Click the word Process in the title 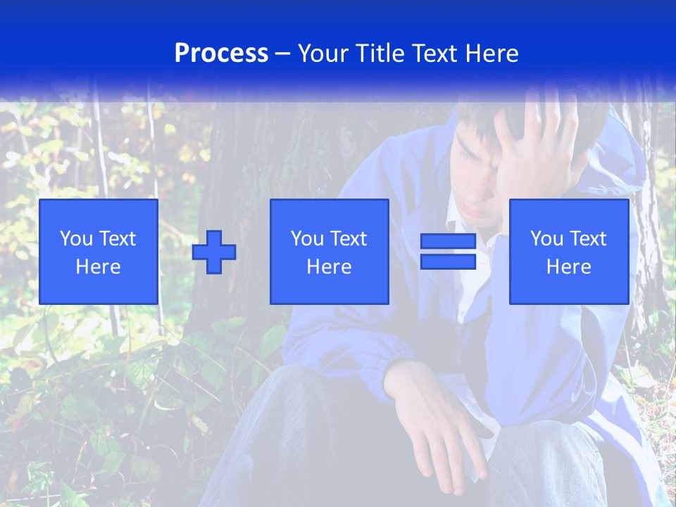pos(221,54)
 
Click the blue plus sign pos(214,252)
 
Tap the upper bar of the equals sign pos(448,242)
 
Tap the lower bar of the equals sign pos(448,262)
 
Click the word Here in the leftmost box pos(99,267)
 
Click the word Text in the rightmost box pos(588,239)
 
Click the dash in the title pos(282,54)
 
